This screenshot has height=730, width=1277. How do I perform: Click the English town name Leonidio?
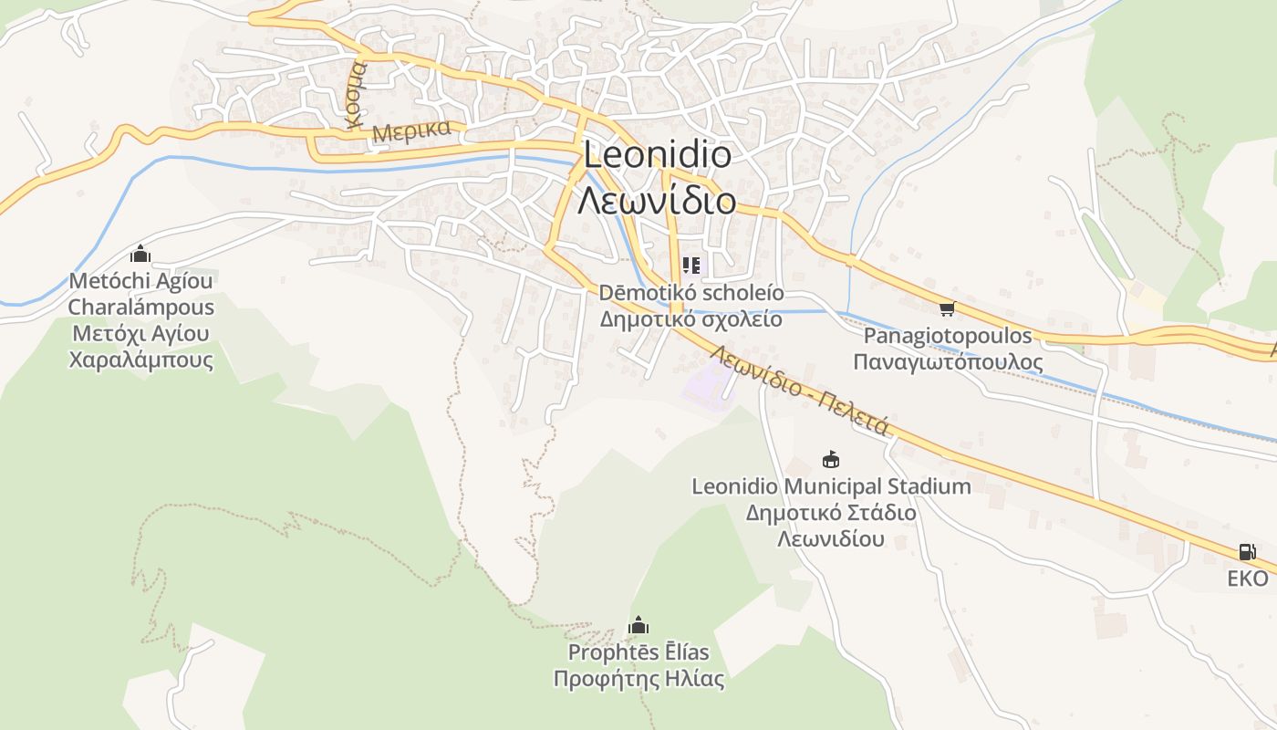pos(657,154)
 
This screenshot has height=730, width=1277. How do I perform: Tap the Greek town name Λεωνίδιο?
pos(657,200)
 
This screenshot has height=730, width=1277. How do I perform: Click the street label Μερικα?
pos(411,130)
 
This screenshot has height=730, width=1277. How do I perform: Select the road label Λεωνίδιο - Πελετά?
pos(798,390)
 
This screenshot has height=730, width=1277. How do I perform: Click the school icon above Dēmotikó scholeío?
pos(690,266)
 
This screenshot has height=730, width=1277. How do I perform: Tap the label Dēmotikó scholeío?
pos(690,293)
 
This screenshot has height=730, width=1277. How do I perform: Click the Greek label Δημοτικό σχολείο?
pos(690,319)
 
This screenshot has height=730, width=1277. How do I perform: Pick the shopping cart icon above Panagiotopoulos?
pos(947,309)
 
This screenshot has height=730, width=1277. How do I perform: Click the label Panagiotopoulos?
pos(948,336)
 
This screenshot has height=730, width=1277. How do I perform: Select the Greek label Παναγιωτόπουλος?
pos(948,362)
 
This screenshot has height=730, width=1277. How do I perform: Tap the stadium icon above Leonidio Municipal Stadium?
pos(830,459)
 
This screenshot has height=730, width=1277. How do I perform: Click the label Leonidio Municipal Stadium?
pos(831,486)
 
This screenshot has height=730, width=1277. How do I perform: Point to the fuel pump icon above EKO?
pos(1247,551)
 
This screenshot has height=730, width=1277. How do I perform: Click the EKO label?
pos(1247,579)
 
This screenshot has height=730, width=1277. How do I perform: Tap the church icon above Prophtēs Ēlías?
pos(638,626)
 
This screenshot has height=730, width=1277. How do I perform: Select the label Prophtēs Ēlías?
pos(638,652)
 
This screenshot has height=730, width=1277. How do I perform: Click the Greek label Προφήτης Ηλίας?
pos(638,679)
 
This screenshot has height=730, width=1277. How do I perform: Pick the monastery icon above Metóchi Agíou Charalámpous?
pos(140,254)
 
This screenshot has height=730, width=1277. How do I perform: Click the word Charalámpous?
pos(140,308)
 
